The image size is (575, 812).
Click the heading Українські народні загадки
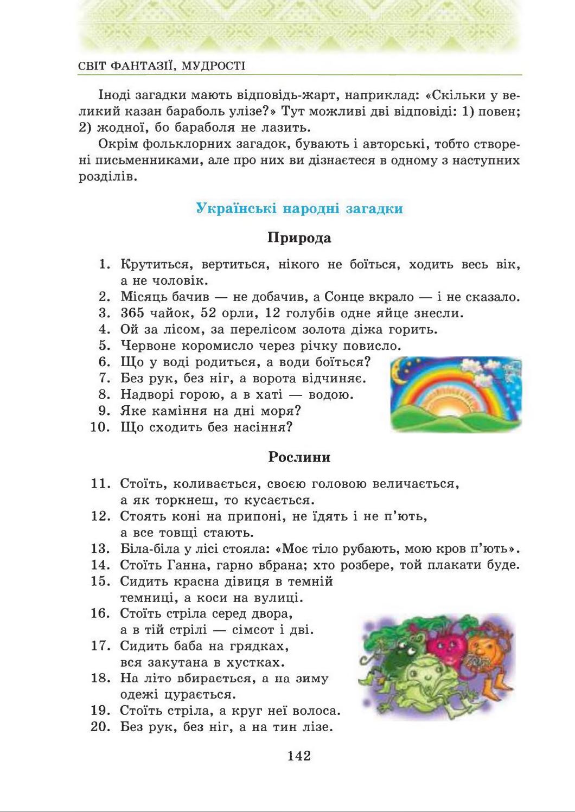click(x=299, y=209)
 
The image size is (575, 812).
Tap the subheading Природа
click(x=299, y=238)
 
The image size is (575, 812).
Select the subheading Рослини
click(x=299, y=457)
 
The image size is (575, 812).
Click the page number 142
click(x=299, y=756)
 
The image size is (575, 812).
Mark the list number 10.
click(x=100, y=427)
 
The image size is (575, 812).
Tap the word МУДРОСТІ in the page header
click(x=213, y=66)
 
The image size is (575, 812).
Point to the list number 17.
click(x=100, y=646)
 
